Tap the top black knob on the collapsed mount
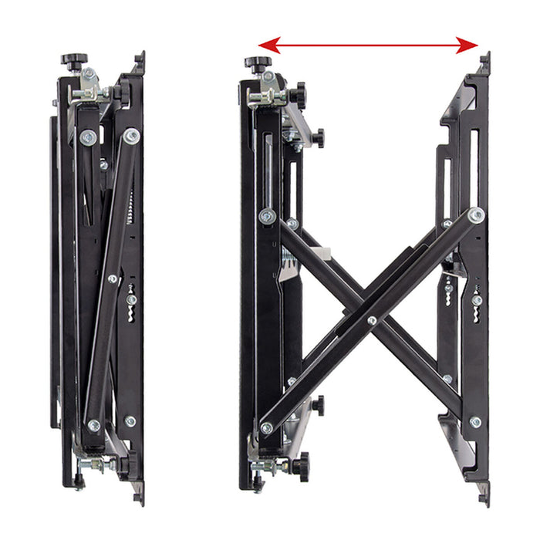pyautogui.click(x=75, y=59)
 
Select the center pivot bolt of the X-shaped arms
pyautogui.click(x=372, y=319)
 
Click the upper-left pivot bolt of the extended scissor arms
pyautogui.click(x=268, y=216)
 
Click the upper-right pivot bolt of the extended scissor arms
pyautogui.click(x=476, y=215)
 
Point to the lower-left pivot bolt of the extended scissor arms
pyautogui.click(x=267, y=427)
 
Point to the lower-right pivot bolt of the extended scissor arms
pyautogui.click(x=475, y=422)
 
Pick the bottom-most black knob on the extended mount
pyautogui.click(x=299, y=466)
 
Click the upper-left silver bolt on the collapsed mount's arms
pyautogui.click(x=88, y=138)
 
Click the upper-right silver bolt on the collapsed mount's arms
pyautogui.click(x=132, y=136)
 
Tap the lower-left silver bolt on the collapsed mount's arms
pyautogui.click(x=94, y=425)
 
